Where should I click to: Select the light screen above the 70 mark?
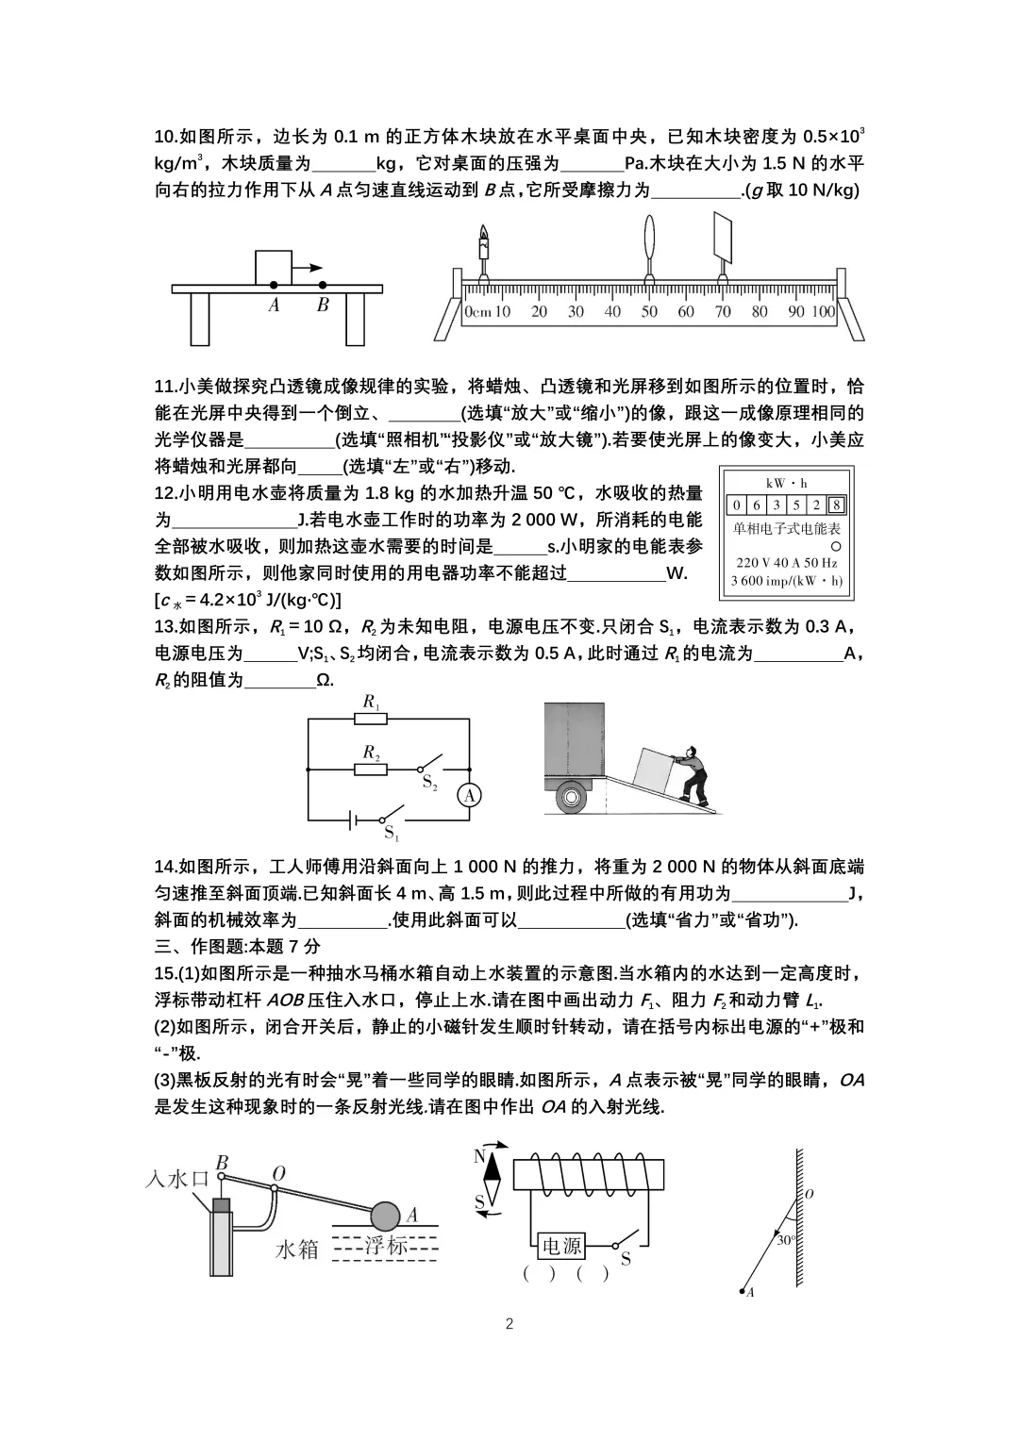tap(725, 236)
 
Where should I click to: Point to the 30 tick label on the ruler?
tap(575, 312)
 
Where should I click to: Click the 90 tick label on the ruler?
tap(796, 312)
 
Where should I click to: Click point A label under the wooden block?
tap(274, 306)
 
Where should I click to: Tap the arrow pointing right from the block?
tap(308, 267)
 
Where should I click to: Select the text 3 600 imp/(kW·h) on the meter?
tap(787, 582)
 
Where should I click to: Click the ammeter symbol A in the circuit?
tap(469, 796)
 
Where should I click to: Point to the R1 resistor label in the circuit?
tap(371, 702)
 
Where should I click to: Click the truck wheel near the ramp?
tap(573, 798)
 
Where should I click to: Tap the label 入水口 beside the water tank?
tap(178, 1179)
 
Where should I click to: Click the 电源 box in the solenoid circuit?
tap(560, 1247)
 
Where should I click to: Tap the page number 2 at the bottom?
tap(509, 1323)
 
